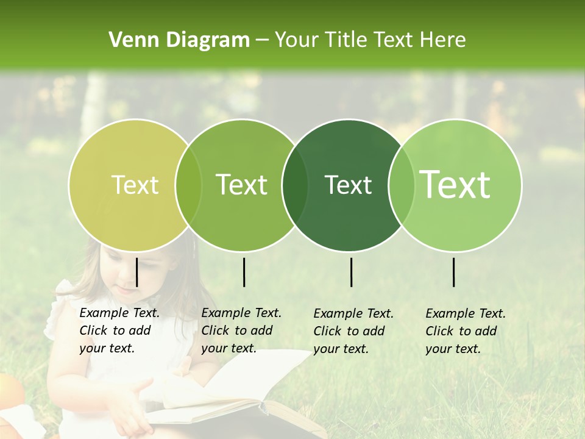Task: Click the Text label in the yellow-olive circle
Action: click(x=135, y=185)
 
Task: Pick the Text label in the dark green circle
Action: click(x=348, y=185)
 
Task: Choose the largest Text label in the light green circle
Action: click(x=455, y=185)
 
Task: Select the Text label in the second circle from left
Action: click(x=242, y=185)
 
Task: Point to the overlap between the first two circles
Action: click(x=188, y=185)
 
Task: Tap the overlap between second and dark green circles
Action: click(x=295, y=185)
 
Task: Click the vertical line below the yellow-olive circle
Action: click(x=136, y=272)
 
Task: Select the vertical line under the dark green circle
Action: click(x=351, y=272)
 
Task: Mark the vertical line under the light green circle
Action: click(x=453, y=272)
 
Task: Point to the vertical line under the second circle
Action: click(x=244, y=272)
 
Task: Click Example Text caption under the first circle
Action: click(x=119, y=313)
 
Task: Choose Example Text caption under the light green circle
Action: click(x=466, y=314)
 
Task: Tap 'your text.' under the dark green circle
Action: click(x=341, y=349)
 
